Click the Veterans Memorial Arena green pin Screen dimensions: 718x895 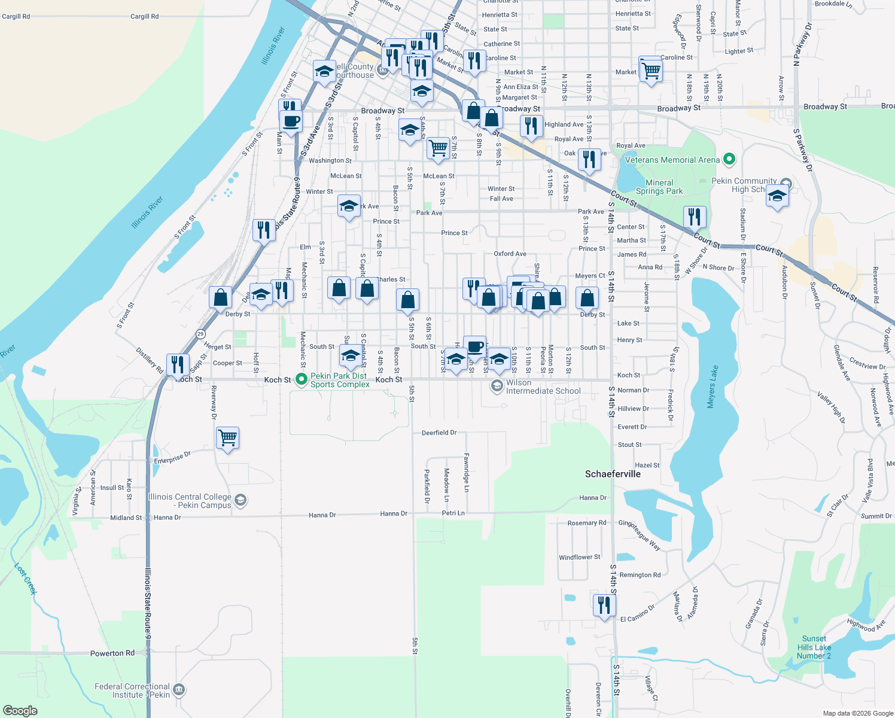tap(729, 159)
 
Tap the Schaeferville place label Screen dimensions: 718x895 tap(613, 474)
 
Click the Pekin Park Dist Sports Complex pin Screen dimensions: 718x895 tap(302, 379)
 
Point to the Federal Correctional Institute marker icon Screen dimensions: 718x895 tap(179, 690)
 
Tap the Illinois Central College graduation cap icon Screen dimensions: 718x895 tap(240, 500)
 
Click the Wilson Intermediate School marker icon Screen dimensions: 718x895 tap(497, 386)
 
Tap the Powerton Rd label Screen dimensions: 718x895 tap(112, 653)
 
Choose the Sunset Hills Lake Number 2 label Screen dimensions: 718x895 tap(814, 647)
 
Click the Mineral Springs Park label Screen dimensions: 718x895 tap(659, 187)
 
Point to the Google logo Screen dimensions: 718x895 tap(20, 710)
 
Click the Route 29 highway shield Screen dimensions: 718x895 tap(200, 334)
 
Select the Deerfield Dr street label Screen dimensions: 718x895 tap(439, 433)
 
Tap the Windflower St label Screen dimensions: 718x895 tap(580, 557)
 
